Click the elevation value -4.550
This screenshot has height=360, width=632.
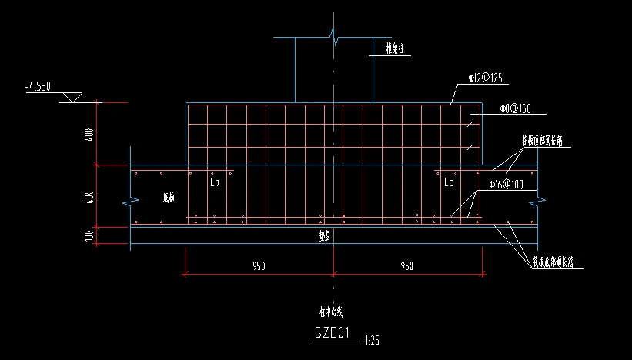pos(38,87)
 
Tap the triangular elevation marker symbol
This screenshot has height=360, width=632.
pos(72,98)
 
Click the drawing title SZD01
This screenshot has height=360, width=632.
pos(333,333)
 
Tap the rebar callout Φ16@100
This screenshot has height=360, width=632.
pos(505,185)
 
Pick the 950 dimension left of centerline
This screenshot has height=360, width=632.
pos(258,266)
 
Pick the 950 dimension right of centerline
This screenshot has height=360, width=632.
pos(406,266)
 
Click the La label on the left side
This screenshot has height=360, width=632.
pos(215,184)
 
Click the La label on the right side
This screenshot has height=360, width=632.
pos(449,183)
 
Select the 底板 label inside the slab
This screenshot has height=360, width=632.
pos(169,197)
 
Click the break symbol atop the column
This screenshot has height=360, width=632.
pos(334,35)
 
